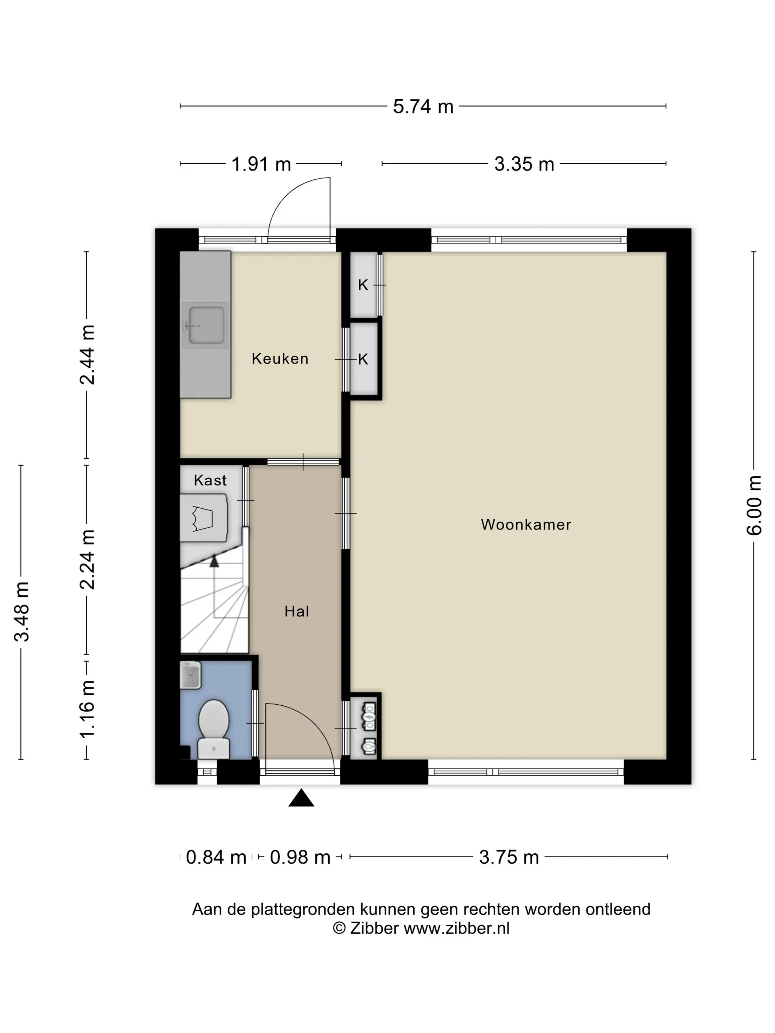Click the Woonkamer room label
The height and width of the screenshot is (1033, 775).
pos(526,525)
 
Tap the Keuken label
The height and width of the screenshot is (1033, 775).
pos(280,358)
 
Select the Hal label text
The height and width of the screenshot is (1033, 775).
pos(297,611)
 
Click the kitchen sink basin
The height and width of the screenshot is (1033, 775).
pos(206,325)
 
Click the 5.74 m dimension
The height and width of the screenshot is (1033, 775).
pos(423,107)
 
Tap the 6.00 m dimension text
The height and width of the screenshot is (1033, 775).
pos(754,505)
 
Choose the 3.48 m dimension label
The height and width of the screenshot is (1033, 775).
pos(21,612)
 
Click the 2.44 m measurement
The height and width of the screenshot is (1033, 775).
pos(87,355)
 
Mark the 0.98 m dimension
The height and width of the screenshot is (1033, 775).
pos(300,857)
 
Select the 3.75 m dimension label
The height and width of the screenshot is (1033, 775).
pos(509,857)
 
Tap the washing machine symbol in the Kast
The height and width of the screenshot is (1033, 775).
pos(204,518)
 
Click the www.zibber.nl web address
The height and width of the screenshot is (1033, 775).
pos(457,928)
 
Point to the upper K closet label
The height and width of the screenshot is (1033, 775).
pos(363,285)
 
